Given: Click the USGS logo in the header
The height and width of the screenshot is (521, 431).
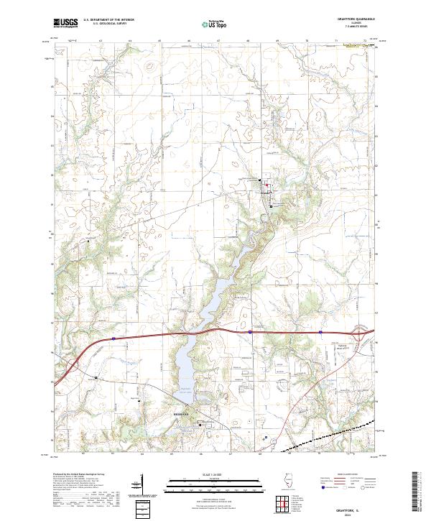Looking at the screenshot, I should (65, 23).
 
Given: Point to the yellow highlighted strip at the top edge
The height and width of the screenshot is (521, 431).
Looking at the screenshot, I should (358, 45).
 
